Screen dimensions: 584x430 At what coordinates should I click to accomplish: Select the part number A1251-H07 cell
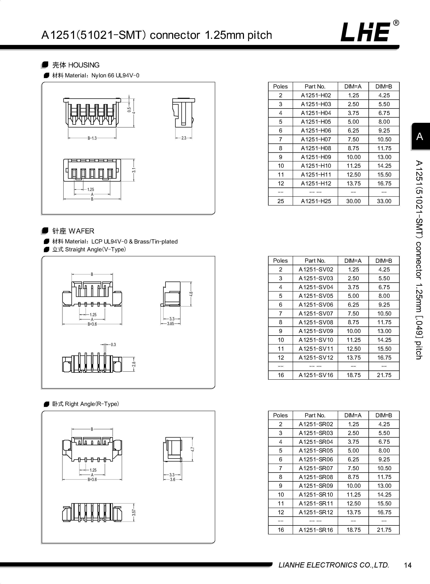click(x=316, y=139)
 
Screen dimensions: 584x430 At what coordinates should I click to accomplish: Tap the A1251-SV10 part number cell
click(x=316, y=340)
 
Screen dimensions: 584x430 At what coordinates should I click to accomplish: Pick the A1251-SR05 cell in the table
click(x=316, y=450)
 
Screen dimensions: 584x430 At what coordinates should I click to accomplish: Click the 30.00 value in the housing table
click(x=353, y=201)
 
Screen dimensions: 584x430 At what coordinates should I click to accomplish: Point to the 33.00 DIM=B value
click(x=384, y=201)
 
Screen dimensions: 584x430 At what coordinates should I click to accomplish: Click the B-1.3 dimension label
click(x=92, y=138)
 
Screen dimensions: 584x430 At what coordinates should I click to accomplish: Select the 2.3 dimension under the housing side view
click(x=184, y=138)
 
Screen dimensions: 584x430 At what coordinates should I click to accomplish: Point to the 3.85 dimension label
click(x=170, y=324)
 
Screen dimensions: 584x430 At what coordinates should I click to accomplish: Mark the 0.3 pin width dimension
click(x=113, y=344)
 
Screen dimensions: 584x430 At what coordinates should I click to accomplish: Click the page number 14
click(x=408, y=565)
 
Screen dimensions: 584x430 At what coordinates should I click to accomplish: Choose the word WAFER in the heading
click(x=82, y=231)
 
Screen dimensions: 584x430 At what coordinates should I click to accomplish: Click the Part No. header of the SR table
click(x=315, y=415)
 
